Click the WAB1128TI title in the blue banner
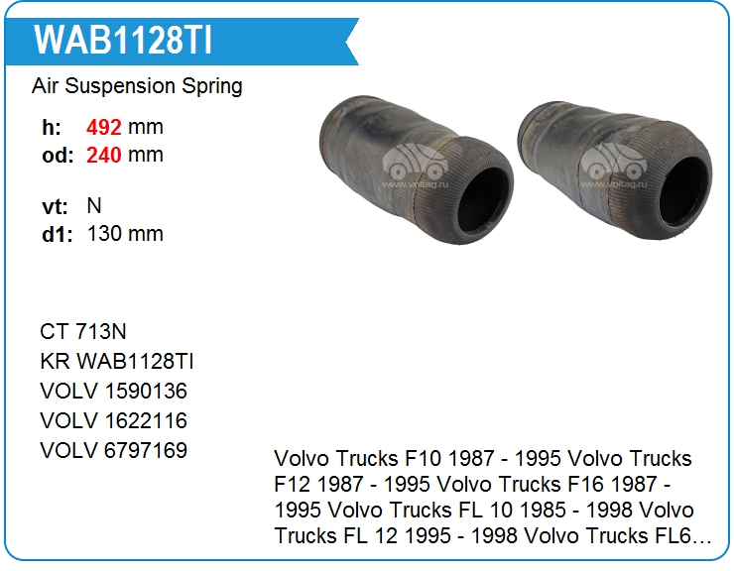click(123, 40)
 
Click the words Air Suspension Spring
click(137, 86)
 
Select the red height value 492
click(104, 127)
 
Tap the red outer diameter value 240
click(104, 155)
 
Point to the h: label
click(52, 127)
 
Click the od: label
click(58, 156)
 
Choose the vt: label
click(55, 206)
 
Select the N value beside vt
click(94, 206)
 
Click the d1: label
click(58, 234)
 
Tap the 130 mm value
click(125, 234)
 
